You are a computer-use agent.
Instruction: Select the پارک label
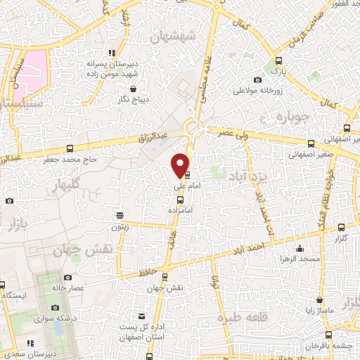click(x=271, y=72)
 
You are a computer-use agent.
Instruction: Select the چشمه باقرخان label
click(x=331, y=346)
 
